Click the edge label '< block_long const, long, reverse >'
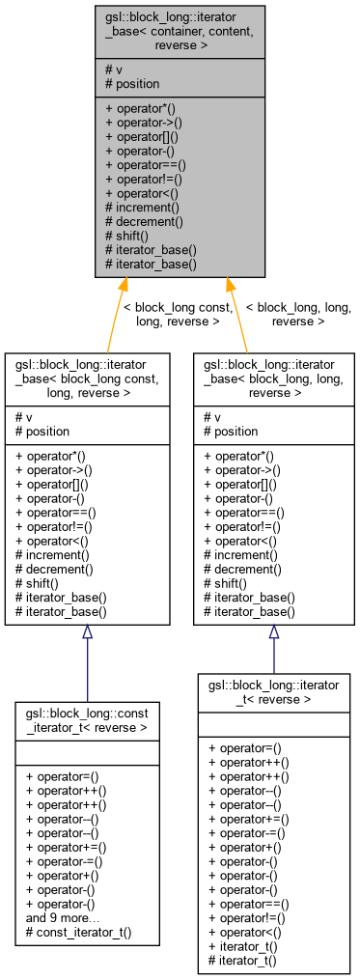point(178,314)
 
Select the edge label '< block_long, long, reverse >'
point(298,314)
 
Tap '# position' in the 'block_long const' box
point(44,431)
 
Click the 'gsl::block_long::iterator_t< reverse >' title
point(273,692)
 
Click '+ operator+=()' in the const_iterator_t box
point(67,847)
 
